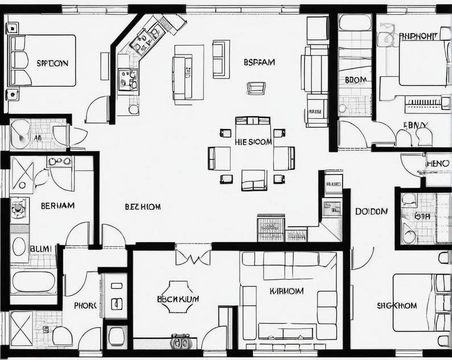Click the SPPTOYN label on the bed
click(x=52, y=63)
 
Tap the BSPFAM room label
click(x=259, y=62)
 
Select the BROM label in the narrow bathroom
click(x=356, y=80)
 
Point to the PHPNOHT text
click(x=418, y=36)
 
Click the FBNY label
click(x=416, y=125)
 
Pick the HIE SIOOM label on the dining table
click(x=253, y=142)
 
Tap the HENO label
click(x=437, y=164)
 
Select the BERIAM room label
click(x=57, y=206)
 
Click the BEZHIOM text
click(x=142, y=207)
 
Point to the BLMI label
click(x=40, y=249)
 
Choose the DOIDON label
click(x=371, y=212)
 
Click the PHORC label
click(x=85, y=305)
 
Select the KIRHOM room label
click(x=286, y=291)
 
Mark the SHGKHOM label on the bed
click(x=397, y=305)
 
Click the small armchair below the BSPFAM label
click(x=256, y=88)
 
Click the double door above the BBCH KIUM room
click(x=193, y=256)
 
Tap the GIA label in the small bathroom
click(x=422, y=216)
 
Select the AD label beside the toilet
click(x=38, y=138)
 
